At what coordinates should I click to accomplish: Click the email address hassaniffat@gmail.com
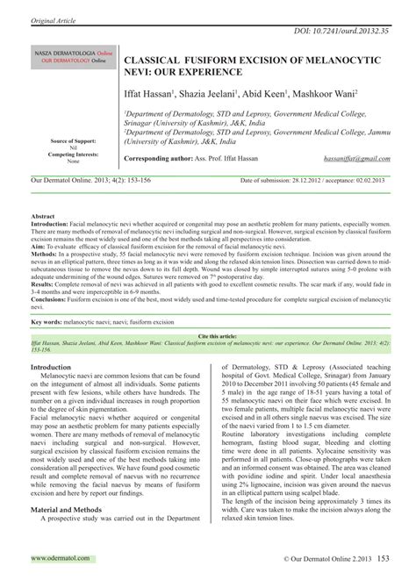[355, 159]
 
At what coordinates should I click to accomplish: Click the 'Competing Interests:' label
[74, 154]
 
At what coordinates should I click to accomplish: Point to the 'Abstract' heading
[43, 215]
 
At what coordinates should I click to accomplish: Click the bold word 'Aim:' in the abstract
[39, 250]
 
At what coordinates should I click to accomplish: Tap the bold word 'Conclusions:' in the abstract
[50, 300]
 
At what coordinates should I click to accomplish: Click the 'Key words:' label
[49, 322]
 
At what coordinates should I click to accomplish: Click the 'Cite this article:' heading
[207, 336]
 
